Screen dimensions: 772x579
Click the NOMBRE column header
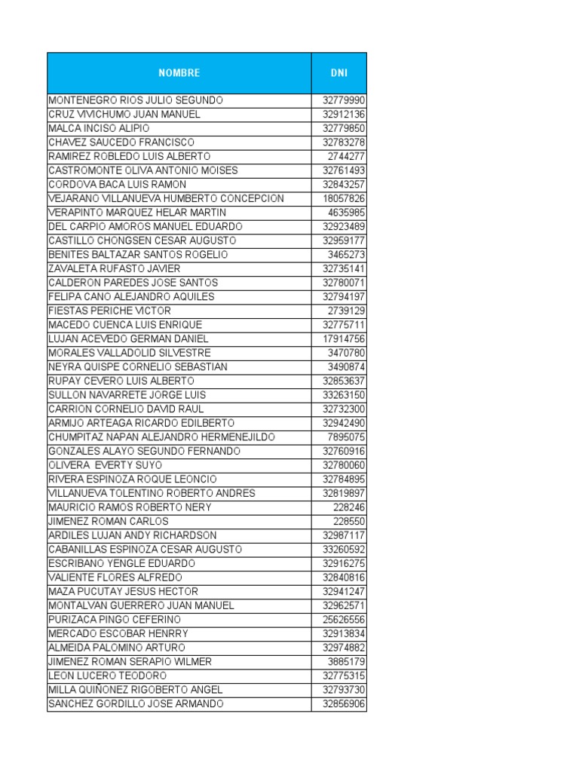coord(179,73)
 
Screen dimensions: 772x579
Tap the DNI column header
coord(339,73)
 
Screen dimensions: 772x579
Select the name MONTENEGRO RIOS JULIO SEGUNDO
coord(136,100)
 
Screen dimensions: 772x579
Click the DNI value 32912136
coord(344,115)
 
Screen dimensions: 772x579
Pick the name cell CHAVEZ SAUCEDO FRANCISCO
coord(121,142)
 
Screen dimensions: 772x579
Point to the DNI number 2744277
coord(347,156)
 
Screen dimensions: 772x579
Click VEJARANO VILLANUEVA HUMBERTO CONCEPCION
coord(166,198)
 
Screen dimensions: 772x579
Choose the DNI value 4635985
coord(347,213)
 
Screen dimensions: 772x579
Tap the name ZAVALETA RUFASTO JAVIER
coord(114,268)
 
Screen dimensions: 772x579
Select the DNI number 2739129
coord(347,311)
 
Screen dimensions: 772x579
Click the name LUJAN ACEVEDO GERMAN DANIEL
coord(128,339)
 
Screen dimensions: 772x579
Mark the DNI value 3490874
coord(347,367)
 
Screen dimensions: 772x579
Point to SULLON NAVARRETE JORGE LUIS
coord(127,395)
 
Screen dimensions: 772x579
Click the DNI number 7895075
coord(347,437)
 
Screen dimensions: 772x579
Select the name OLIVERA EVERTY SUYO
coord(105,465)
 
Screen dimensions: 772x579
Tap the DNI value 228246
coord(349,507)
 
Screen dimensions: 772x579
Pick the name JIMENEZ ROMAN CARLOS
coord(108,521)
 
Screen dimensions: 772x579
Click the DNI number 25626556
coord(344,620)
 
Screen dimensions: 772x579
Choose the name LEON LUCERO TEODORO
coord(107,675)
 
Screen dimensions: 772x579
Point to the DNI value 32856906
coord(344,704)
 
